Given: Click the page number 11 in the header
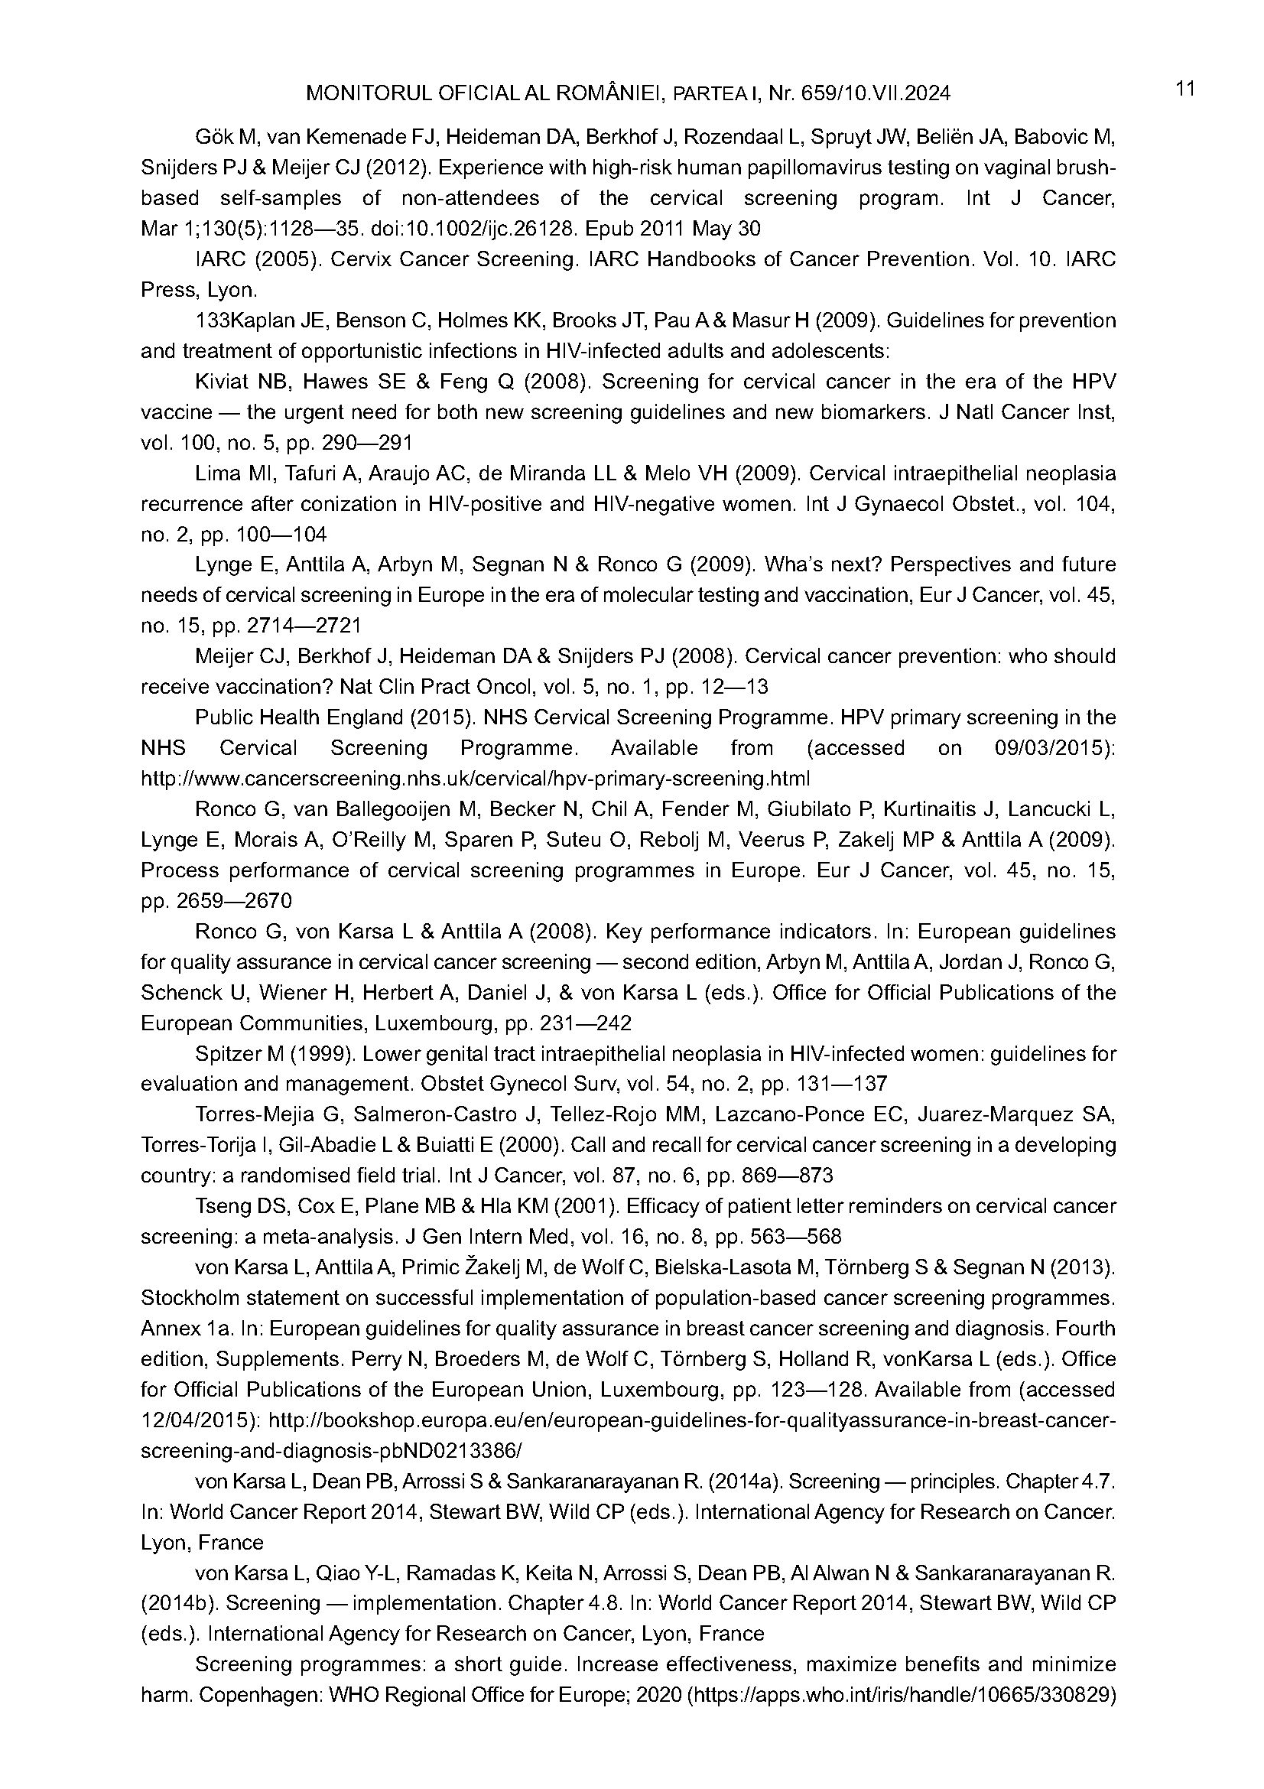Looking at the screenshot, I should tap(1185, 89).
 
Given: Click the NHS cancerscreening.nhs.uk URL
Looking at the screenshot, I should tap(475, 779).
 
